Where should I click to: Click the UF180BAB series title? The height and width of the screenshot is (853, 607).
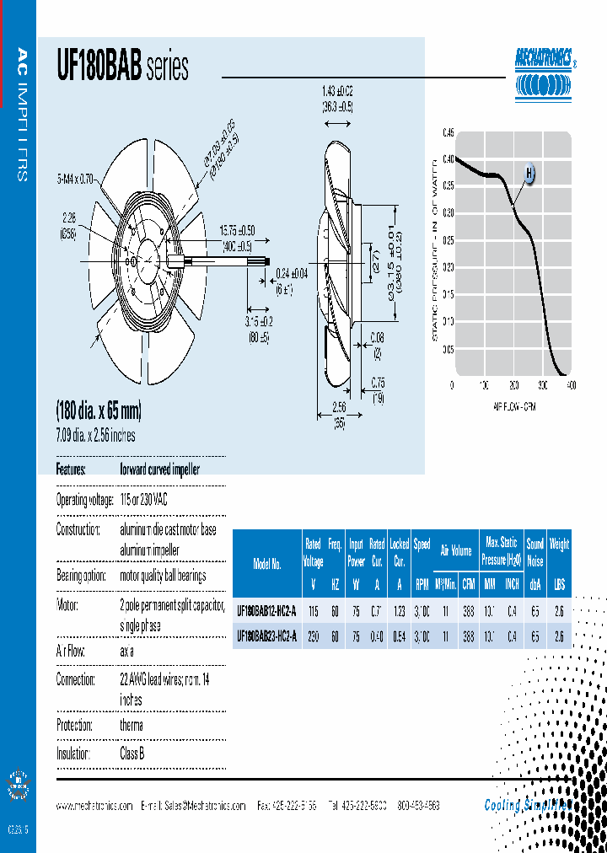(x=122, y=67)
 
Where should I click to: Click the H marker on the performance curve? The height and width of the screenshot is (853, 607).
(x=529, y=174)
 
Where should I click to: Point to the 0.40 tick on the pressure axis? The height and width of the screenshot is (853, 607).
(x=448, y=159)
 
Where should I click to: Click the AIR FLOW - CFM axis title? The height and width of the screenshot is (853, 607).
(x=513, y=406)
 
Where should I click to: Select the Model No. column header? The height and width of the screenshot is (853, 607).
(x=266, y=564)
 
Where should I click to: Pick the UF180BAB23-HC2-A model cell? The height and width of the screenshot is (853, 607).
(x=266, y=636)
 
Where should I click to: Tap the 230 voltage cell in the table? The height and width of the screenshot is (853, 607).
(x=312, y=636)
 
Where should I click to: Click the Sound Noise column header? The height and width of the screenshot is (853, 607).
(x=534, y=551)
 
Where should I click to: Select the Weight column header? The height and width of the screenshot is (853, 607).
(x=560, y=545)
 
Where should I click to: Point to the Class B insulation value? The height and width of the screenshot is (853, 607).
(x=132, y=754)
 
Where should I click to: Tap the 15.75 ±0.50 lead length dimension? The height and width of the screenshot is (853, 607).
(x=237, y=230)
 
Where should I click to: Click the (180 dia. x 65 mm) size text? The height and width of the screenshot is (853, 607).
(x=99, y=411)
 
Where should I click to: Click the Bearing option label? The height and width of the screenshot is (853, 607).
(x=83, y=576)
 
